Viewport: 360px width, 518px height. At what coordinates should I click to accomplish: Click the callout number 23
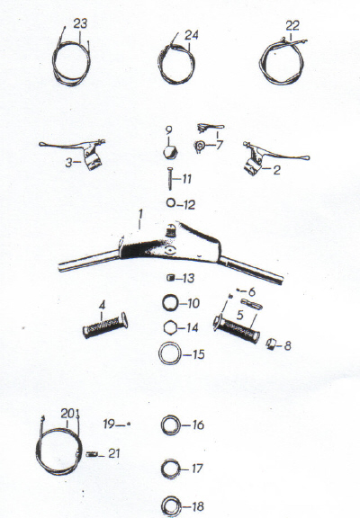[80, 23]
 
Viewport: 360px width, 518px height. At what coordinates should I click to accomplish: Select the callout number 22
[292, 26]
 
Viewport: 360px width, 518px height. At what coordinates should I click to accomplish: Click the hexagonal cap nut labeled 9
[171, 153]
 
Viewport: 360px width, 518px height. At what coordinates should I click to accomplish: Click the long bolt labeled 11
[170, 178]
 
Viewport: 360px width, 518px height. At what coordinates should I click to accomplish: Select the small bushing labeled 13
[171, 278]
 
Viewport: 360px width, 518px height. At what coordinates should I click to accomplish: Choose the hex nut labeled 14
[171, 327]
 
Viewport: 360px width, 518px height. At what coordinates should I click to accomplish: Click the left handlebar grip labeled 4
[105, 326]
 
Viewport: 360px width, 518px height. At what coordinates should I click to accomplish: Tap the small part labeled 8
[271, 344]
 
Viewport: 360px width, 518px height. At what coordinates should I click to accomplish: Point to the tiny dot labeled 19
[129, 424]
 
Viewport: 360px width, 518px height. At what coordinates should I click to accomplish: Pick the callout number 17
[197, 469]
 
